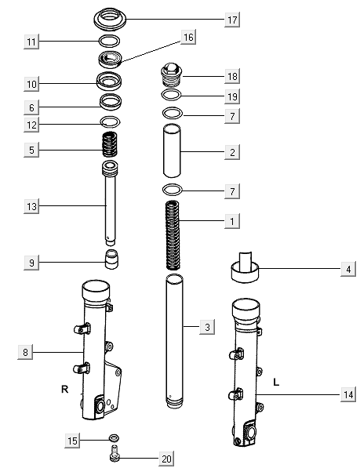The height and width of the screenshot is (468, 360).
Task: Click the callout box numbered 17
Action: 232,19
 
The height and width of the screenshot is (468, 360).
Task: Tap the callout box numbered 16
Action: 188,38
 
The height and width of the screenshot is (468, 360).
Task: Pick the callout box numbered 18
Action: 232,76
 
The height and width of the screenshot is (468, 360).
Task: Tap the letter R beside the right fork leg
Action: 65,388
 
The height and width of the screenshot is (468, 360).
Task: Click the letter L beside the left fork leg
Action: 276,382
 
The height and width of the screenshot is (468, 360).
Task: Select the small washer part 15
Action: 114,438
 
